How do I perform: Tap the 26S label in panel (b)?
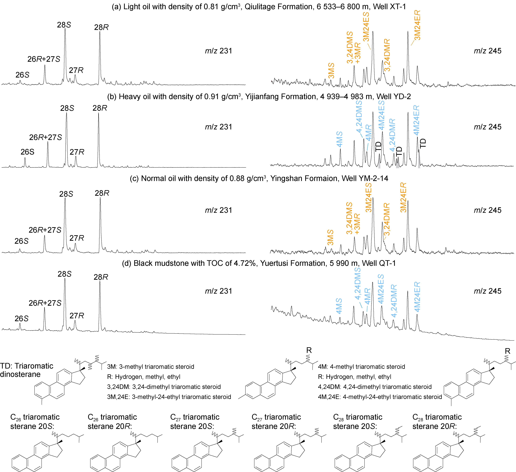[27, 152]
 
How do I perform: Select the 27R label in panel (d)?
[77, 316]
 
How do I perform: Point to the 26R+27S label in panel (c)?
[45, 230]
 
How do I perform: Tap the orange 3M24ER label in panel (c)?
[403, 197]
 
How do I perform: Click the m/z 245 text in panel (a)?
[488, 51]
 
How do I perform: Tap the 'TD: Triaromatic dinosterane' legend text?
[27, 370]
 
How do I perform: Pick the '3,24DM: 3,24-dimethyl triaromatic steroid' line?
[164, 387]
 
